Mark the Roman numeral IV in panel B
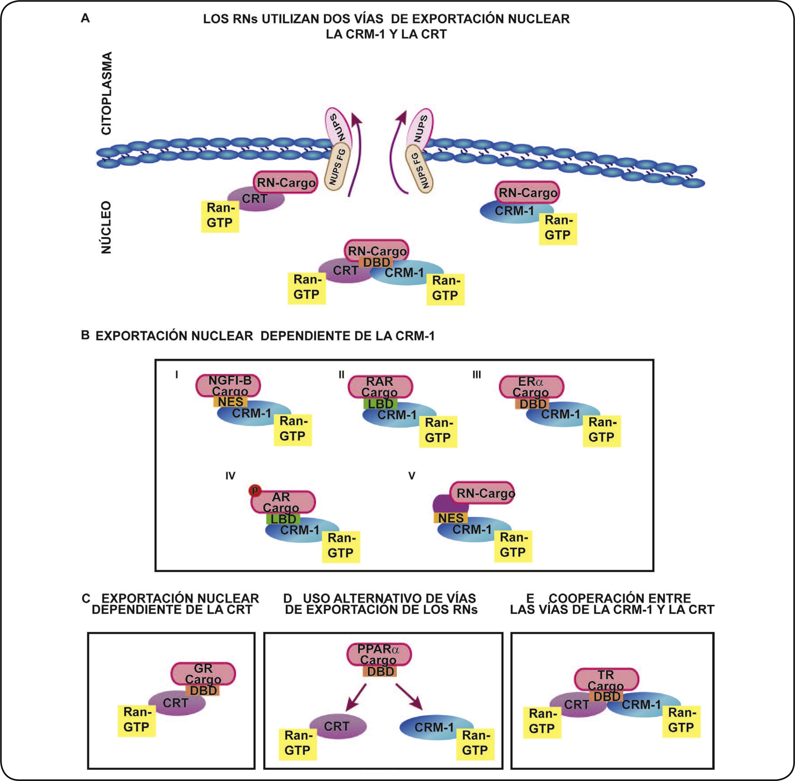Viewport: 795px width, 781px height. pyautogui.click(x=230, y=476)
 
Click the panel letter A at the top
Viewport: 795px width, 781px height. pyautogui.click(x=85, y=18)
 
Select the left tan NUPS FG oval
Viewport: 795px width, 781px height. pyautogui.click(x=337, y=166)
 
